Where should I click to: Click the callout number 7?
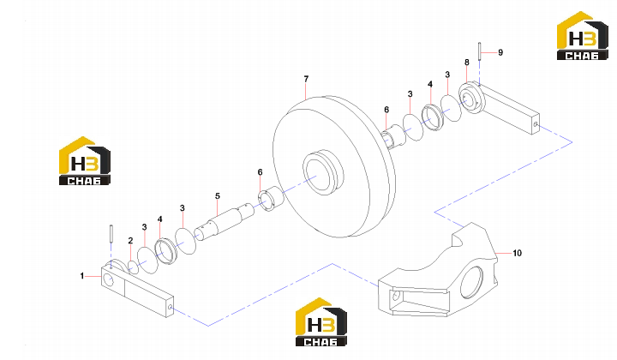(x=306, y=79)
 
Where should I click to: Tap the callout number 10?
(x=517, y=253)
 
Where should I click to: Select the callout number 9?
(x=500, y=52)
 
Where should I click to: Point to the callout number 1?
(x=82, y=276)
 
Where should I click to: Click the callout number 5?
(x=217, y=196)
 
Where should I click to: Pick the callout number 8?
(x=467, y=63)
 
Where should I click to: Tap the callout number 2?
(x=130, y=241)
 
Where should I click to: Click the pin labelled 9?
(x=480, y=51)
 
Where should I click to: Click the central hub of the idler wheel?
(x=323, y=172)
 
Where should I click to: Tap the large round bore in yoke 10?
(x=471, y=282)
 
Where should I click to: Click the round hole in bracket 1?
(x=108, y=279)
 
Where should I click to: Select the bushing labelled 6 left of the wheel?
(x=270, y=200)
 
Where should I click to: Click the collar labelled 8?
(x=472, y=99)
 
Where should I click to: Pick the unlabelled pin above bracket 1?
(x=111, y=233)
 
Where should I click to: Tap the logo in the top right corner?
(x=583, y=36)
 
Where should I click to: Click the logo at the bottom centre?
(x=321, y=322)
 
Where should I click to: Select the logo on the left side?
(x=85, y=161)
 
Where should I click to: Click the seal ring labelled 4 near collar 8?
(x=433, y=117)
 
